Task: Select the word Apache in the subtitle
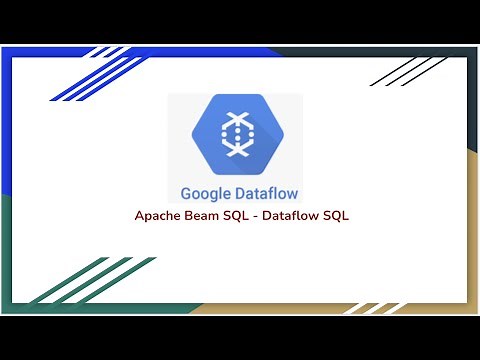(158, 216)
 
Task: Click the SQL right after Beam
(237, 216)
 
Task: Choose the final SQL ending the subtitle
(335, 216)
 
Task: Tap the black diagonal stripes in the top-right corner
(410, 70)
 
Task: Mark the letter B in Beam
(189, 216)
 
